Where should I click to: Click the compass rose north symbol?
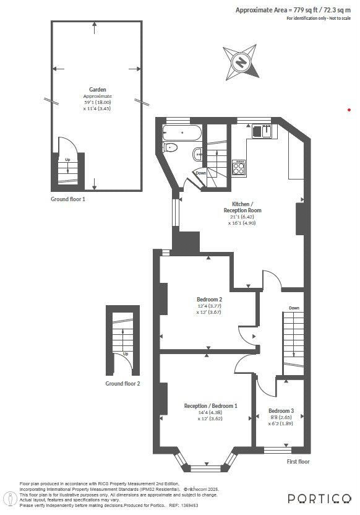click(x=241, y=61)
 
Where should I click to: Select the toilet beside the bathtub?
click(x=171, y=147)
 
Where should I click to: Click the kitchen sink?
click(x=264, y=131)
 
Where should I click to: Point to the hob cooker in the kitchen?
click(x=239, y=167)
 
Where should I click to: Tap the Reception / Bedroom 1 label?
click(x=210, y=406)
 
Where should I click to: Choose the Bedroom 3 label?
click(x=281, y=410)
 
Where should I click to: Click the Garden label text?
click(x=97, y=90)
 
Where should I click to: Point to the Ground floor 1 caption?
click(x=68, y=199)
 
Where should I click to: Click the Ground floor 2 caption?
click(x=122, y=384)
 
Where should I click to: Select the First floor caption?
click(x=298, y=461)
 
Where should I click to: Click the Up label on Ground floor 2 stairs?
click(x=126, y=354)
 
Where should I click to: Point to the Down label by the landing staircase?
click(x=294, y=308)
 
